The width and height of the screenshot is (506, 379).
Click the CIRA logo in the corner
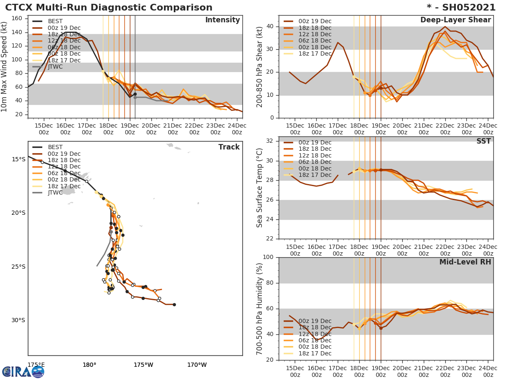coord(23,371)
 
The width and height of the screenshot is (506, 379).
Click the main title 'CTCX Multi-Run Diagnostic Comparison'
coord(109,8)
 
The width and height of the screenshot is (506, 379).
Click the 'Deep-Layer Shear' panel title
coord(455,20)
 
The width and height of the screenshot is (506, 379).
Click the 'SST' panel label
coord(483,141)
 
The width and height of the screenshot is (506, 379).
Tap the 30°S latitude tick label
coord(18,320)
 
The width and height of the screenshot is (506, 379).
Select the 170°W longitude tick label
coord(197,365)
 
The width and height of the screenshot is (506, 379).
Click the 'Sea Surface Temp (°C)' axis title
coord(260,187)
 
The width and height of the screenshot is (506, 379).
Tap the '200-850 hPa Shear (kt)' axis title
coord(260,66)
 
